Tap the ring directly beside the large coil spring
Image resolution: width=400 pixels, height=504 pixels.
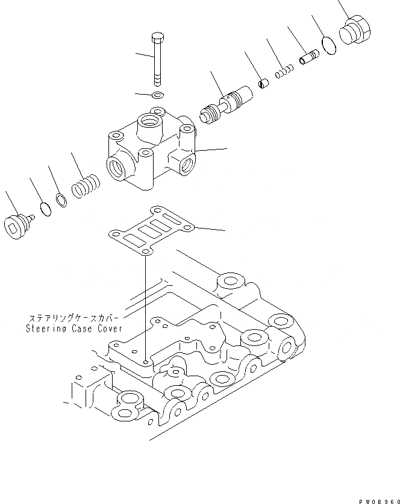[60, 200]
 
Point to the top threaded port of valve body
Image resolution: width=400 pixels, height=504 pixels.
[149, 125]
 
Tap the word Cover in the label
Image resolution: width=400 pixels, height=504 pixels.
[111, 329]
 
